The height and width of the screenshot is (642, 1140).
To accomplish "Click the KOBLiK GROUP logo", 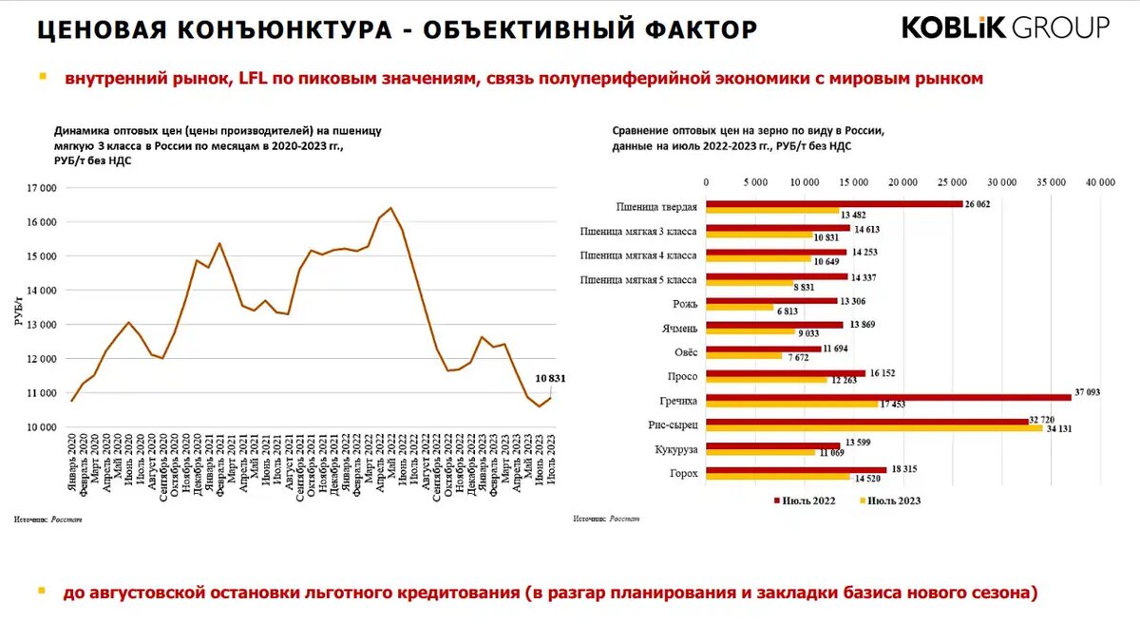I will (1005, 28).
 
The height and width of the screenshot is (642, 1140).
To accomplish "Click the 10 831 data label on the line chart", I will (550, 379).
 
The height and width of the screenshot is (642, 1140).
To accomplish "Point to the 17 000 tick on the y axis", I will (39, 188).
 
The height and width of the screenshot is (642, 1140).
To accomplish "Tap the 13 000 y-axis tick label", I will (39, 325).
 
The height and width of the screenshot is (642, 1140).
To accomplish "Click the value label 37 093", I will (1087, 392).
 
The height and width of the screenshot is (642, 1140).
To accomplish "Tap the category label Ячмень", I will (676, 329).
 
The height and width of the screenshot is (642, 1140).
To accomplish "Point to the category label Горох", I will (682, 473).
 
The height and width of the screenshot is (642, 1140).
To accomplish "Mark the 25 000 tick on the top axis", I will (951, 180).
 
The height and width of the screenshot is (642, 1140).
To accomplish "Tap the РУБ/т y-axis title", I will (18, 309).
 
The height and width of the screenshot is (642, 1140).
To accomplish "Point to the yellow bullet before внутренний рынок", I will (42, 76).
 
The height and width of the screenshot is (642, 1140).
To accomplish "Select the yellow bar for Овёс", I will (744, 356).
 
